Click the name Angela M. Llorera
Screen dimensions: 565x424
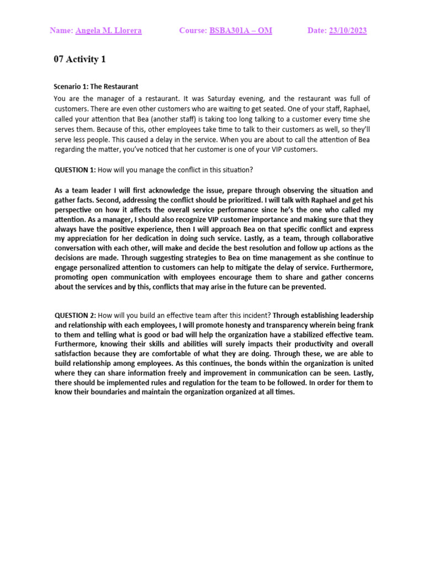[108, 31]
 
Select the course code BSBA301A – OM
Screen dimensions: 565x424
[241, 31]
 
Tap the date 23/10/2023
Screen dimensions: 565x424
[348, 31]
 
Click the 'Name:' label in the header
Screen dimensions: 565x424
[61, 31]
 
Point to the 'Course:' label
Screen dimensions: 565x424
[193, 31]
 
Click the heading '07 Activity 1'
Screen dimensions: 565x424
[79, 60]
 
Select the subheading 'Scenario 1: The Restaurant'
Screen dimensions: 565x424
[96, 87]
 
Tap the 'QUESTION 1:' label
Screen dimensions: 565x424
[75, 169]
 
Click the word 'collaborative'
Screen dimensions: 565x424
[347, 239]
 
